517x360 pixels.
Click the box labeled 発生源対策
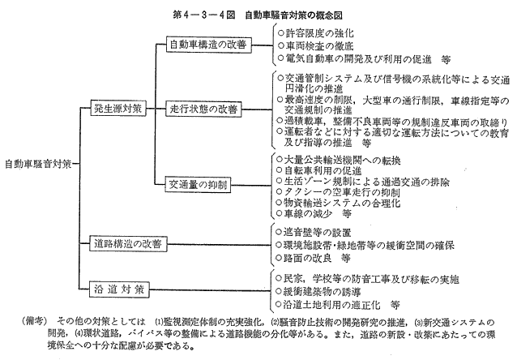(118, 108)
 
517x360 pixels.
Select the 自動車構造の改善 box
(209, 45)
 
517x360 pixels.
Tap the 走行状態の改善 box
(203, 109)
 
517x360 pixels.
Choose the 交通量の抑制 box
(198, 185)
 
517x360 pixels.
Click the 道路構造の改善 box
(128, 244)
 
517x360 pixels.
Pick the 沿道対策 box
(119, 289)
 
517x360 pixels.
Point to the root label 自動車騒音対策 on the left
(38, 164)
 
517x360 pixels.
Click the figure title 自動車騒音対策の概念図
(293, 15)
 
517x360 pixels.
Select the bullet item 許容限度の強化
(315, 33)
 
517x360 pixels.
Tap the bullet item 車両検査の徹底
(315, 45)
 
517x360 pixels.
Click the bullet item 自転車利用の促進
(319, 170)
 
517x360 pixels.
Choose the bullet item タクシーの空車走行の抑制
(338, 192)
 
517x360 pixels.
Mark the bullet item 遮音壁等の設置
(314, 233)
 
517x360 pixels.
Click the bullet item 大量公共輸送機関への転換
(339, 161)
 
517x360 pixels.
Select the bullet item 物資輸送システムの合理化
(338, 203)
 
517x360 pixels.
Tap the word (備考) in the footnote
(35, 321)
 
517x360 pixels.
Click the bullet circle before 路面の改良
(279, 258)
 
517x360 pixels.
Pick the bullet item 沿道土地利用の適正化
(338, 304)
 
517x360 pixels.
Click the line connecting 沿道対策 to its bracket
(209, 290)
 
